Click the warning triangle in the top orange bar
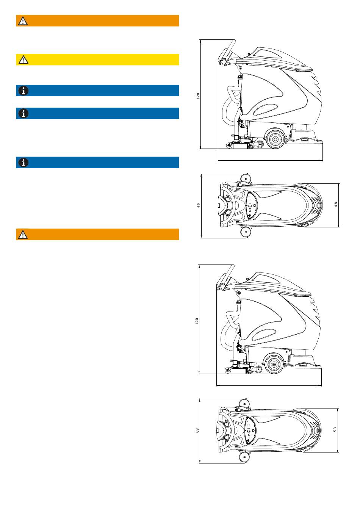[23, 21]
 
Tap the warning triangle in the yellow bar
[23, 59]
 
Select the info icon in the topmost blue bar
[23, 91]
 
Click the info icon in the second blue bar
[23, 113]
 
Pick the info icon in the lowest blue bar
[23, 163]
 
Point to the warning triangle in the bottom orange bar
[23, 235]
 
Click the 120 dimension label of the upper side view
[198, 96]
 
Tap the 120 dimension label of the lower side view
[197, 321]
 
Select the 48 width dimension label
[336, 205]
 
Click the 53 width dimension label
[335, 429]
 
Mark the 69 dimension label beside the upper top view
[199, 205]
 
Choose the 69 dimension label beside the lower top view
[197, 431]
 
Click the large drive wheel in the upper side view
[275, 139]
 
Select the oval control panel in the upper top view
[251, 205]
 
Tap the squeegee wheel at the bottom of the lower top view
[244, 457]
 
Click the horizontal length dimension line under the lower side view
[269, 385]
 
